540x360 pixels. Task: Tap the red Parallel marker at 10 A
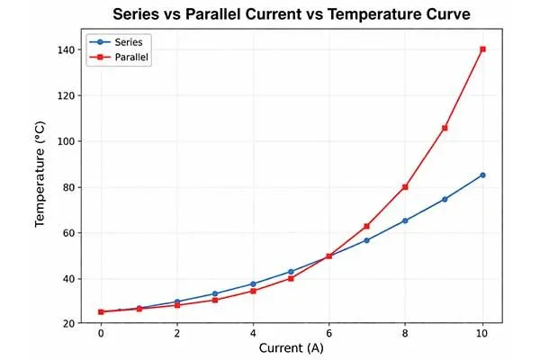pos(482,49)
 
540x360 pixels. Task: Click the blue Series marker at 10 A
pos(482,175)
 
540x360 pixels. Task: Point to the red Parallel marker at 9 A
pos(445,128)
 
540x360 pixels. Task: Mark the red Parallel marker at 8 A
pos(406,187)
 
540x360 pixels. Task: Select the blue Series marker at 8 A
pos(406,220)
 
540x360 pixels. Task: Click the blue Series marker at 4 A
pos(253,283)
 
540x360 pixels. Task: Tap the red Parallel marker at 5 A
pos(292,278)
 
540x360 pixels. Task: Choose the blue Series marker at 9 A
pos(445,199)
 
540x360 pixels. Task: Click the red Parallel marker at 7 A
pos(367,226)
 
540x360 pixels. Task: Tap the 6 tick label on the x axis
pos(329,334)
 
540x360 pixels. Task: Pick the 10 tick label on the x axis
pos(482,334)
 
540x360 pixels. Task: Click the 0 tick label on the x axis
pos(101,334)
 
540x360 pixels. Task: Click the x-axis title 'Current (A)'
pos(292,348)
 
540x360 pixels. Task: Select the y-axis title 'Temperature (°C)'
pos(40,186)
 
